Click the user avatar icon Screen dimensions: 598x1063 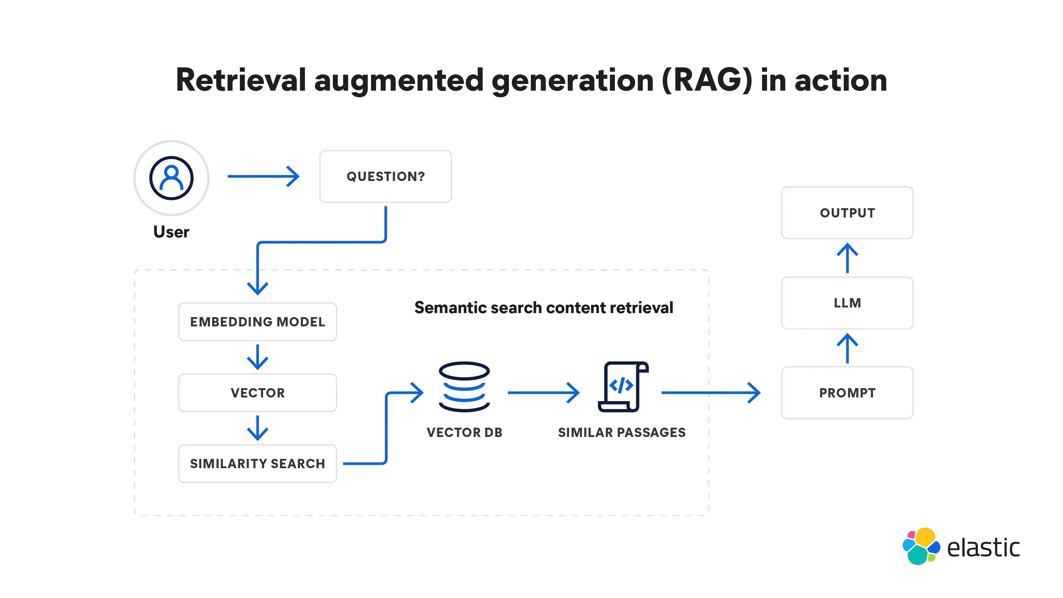click(x=171, y=178)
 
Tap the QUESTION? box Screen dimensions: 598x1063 click(x=385, y=177)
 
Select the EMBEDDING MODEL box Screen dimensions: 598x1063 click(x=257, y=322)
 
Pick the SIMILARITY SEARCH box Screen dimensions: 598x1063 click(x=257, y=464)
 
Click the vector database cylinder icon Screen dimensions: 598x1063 click(x=464, y=387)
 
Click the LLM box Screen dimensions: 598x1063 click(x=847, y=303)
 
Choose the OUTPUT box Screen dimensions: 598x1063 click(x=847, y=213)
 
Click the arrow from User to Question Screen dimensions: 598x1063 click(x=263, y=177)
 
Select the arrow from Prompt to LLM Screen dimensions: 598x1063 click(x=847, y=349)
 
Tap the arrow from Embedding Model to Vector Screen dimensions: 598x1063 click(x=257, y=357)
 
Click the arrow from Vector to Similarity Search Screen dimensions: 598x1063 click(x=257, y=428)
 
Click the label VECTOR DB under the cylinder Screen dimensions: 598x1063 click(x=464, y=433)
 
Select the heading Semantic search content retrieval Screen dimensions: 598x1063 click(x=543, y=308)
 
